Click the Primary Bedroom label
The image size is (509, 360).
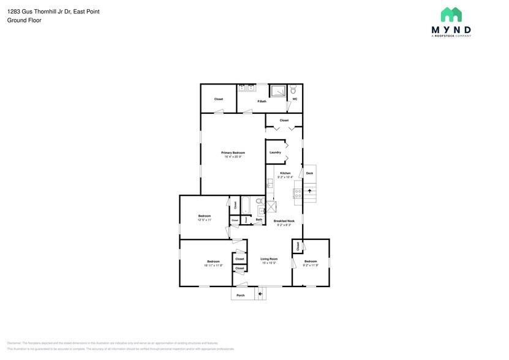(233, 152)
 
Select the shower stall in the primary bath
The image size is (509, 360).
(278, 91)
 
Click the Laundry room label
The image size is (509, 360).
(275, 152)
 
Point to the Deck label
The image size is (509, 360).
(309, 173)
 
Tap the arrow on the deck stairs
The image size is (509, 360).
(309, 191)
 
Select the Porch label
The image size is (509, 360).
(241, 295)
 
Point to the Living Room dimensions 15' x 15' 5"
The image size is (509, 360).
(269, 263)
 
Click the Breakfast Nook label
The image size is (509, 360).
(284, 220)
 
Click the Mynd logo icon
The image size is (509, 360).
(451, 15)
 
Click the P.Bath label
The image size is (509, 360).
(262, 101)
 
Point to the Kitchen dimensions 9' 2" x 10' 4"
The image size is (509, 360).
(285, 177)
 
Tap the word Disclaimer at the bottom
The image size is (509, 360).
(14, 343)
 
